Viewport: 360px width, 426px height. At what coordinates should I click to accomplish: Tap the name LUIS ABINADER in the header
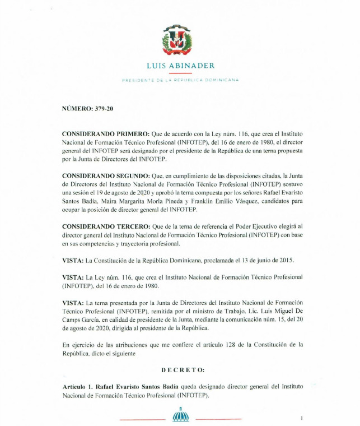180,66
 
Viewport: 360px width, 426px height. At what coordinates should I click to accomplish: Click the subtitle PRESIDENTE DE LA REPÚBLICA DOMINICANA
180,80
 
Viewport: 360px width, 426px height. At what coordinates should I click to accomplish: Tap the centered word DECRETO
183,370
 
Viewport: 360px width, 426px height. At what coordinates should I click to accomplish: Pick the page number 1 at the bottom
301,418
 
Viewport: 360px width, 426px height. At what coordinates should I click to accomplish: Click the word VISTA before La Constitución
72,261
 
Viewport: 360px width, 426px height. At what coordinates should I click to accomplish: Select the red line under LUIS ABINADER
180,73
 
